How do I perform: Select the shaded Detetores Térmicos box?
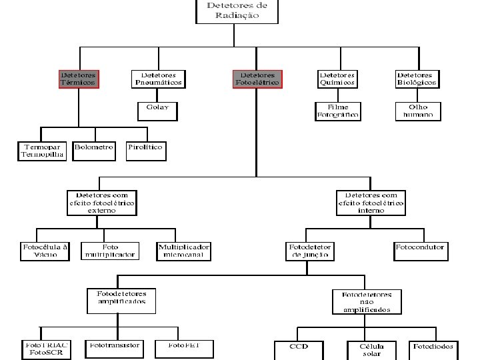point(77,79)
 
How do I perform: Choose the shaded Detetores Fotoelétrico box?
point(257,79)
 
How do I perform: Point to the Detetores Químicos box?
point(337,79)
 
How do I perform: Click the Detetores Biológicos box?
point(417,79)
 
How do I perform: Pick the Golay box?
point(157,109)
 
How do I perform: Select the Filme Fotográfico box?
point(337,111)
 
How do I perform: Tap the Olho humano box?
point(417,111)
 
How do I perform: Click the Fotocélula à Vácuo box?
point(45,251)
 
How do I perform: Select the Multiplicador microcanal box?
point(184,251)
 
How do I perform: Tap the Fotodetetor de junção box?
point(310,251)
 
